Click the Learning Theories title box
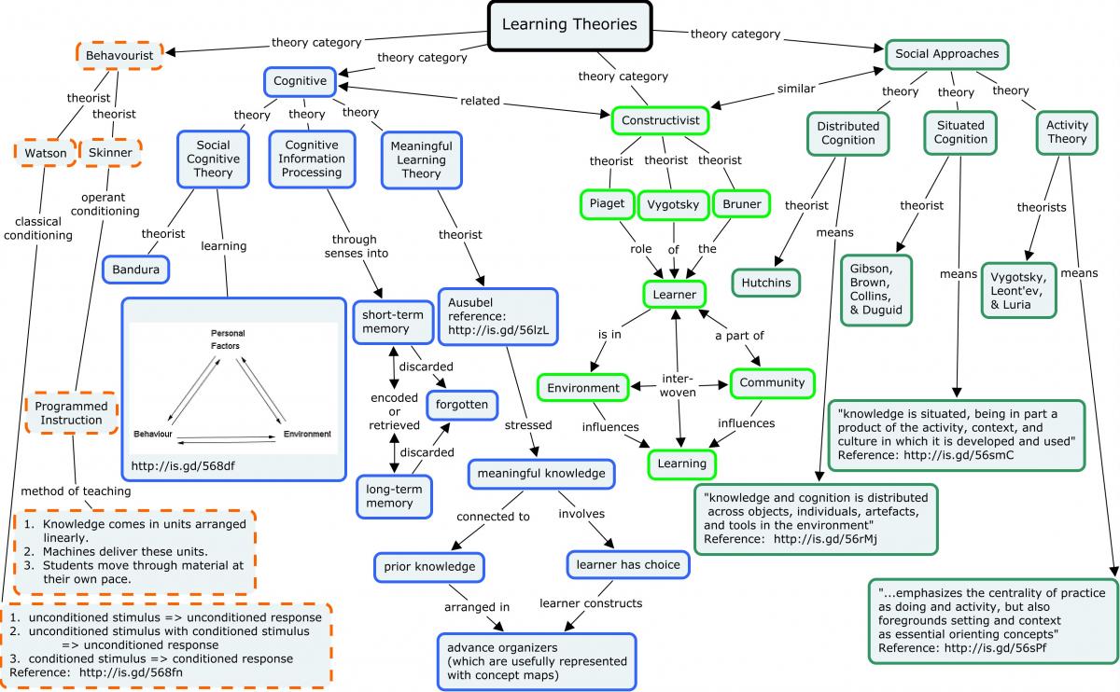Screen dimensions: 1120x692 pyautogui.click(x=569, y=26)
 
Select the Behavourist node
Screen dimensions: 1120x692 pyautogui.click(x=119, y=55)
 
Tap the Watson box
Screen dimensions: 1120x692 pyautogui.click(x=46, y=153)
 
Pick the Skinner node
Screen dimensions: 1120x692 pyautogui.click(x=110, y=152)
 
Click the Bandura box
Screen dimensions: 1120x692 pyautogui.click(x=135, y=270)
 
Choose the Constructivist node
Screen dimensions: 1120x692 pyautogui.click(x=661, y=120)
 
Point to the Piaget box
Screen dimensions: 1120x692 pyautogui.click(x=607, y=204)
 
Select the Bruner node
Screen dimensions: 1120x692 pyautogui.click(x=741, y=204)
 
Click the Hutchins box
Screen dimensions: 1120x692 pyautogui.click(x=766, y=283)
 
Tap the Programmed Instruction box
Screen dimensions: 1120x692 pyautogui.click(x=72, y=413)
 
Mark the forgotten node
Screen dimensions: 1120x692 pyautogui.click(x=461, y=405)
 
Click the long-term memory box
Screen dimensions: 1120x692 pyautogui.click(x=394, y=497)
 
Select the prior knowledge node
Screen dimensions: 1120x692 pyautogui.click(x=429, y=567)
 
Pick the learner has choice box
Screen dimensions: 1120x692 pyautogui.click(x=628, y=565)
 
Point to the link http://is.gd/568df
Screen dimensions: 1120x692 pyautogui.click(x=183, y=466)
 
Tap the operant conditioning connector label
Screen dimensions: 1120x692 pyautogui.click(x=105, y=204)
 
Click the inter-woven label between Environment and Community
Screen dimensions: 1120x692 pyautogui.click(x=678, y=385)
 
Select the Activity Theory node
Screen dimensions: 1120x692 pyautogui.click(x=1067, y=132)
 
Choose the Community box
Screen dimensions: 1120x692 pyautogui.click(x=772, y=383)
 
